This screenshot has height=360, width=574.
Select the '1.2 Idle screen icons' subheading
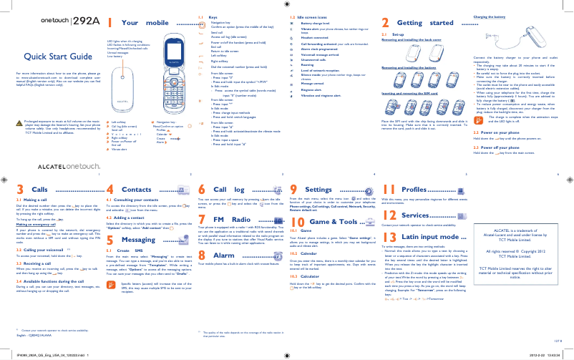coord(306,16)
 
